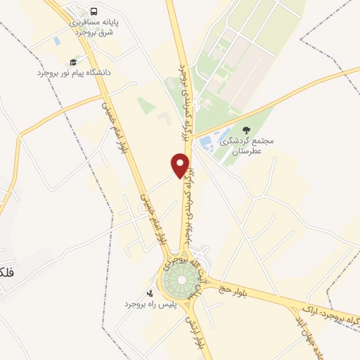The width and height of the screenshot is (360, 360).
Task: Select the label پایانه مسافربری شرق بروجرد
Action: pyautogui.click(x=94, y=27)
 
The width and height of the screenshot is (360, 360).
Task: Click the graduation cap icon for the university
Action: pyautogui.click(x=73, y=62)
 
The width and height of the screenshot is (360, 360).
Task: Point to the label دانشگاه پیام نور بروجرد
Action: pyautogui.click(x=74, y=72)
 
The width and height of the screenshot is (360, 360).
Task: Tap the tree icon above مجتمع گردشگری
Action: pyautogui.click(x=246, y=129)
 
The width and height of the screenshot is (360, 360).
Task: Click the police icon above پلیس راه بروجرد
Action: pyautogui.click(x=149, y=293)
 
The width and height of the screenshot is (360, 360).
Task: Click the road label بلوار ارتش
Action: pyautogui.click(x=193, y=334)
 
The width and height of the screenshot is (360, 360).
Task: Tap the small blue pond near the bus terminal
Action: pyautogui.click(x=57, y=41)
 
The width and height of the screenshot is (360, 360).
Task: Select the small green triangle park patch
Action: pyautogui.click(x=146, y=105)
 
